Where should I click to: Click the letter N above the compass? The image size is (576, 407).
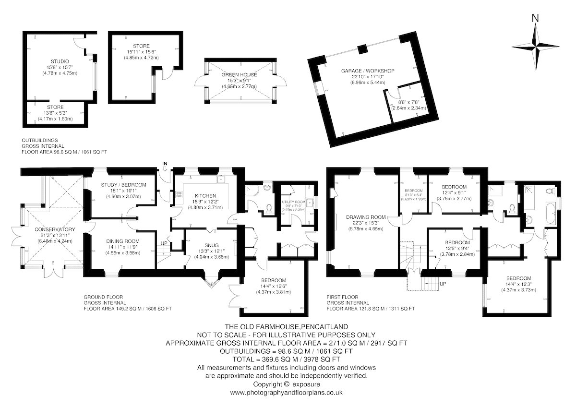(535, 18)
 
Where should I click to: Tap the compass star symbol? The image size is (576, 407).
(536, 47)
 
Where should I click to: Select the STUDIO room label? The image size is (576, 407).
(60, 61)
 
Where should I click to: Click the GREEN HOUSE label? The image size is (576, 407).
(239, 75)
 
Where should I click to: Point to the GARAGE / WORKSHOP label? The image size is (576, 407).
(368, 71)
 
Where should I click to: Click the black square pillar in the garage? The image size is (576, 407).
(362, 49)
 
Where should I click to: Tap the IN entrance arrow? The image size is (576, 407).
(165, 168)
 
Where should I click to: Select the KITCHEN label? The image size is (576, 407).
(205, 196)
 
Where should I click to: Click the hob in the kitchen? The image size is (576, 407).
(179, 194)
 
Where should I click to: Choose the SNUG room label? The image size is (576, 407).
(212, 245)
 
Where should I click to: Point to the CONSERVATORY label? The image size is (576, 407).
(55, 229)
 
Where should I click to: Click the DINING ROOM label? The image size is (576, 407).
(123, 241)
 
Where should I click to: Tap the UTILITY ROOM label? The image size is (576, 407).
(293, 202)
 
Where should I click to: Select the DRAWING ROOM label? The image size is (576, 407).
(366, 217)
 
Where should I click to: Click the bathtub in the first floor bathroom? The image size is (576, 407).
(550, 213)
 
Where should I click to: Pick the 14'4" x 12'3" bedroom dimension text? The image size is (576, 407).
(518, 284)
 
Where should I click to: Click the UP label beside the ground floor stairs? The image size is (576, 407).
(164, 243)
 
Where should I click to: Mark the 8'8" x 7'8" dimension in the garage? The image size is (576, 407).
(408, 102)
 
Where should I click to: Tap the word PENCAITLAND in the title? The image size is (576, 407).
(324, 327)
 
